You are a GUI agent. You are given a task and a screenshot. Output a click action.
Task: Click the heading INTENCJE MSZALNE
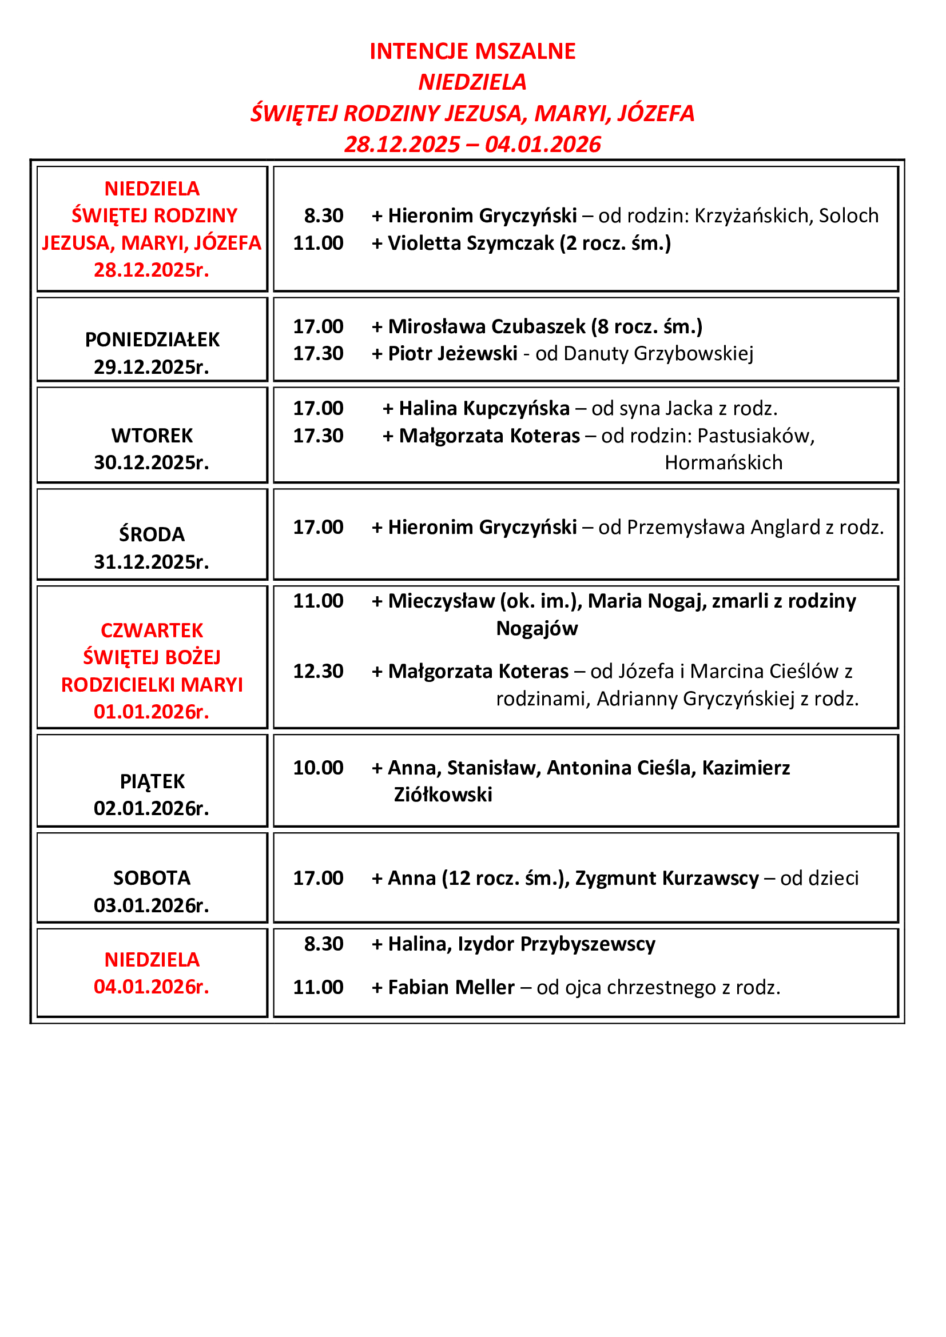[x=472, y=51]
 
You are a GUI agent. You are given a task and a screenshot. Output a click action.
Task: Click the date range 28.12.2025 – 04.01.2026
[x=472, y=145]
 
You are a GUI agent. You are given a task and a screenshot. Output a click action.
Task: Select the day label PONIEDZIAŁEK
[x=152, y=340]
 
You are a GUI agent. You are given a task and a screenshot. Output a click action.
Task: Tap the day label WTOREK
[x=152, y=436]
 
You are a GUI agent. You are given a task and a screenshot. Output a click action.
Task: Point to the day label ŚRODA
[x=152, y=534]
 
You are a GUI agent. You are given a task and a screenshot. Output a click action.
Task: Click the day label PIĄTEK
[x=152, y=781]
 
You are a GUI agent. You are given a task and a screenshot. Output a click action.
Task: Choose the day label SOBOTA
[x=152, y=878]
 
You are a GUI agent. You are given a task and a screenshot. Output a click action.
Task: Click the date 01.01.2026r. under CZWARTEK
[x=152, y=712]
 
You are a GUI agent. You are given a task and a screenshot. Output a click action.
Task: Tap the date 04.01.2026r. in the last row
[x=152, y=987]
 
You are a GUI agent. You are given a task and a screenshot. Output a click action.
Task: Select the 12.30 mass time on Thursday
[x=318, y=672]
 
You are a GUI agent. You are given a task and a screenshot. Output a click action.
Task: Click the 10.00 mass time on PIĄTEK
[x=318, y=768]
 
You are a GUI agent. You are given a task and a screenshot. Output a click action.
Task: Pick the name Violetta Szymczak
[x=471, y=243]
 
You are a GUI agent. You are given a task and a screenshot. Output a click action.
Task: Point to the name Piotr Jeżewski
[x=452, y=353]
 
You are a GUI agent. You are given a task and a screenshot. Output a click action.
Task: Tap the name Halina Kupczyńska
[x=484, y=408]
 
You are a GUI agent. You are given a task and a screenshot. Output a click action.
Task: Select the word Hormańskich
[x=724, y=463]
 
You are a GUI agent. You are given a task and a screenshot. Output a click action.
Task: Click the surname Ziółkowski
[x=443, y=795]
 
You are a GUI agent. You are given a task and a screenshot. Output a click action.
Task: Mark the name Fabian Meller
[x=451, y=988]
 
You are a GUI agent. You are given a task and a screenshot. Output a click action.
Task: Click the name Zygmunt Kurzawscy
[x=667, y=878]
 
